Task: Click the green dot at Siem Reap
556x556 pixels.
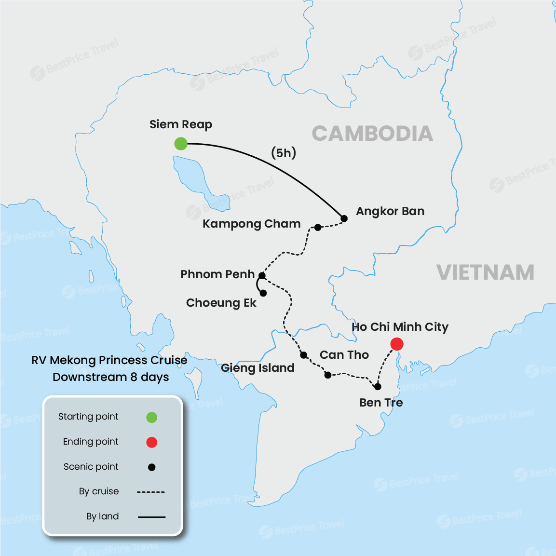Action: pos(180,143)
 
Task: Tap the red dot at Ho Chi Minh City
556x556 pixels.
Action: pos(396,344)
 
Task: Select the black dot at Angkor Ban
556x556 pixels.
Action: pos(344,218)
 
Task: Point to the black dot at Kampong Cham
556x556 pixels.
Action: pos(318,227)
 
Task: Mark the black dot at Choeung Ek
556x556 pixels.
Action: pos(263,293)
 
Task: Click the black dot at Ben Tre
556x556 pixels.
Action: pos(378,386)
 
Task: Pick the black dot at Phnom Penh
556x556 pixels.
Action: pos(262,276)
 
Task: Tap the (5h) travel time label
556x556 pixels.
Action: pos(284,153)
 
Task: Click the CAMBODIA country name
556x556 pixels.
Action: pos(372,134)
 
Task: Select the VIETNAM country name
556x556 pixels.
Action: pos(485,272)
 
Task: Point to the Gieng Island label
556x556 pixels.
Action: pos(258,368)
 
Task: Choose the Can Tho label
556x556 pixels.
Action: pos(344,355)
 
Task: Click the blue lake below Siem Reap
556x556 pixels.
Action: pos(193,176)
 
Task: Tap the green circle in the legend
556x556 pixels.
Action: pos(151,417)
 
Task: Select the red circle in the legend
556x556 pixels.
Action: pos(151,442)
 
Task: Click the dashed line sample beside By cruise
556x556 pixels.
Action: pos(151,492)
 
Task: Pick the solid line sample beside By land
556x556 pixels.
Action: pos(151,517)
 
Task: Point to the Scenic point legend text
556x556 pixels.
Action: pos(91,467)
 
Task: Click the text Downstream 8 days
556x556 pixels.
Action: pos(110,377)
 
